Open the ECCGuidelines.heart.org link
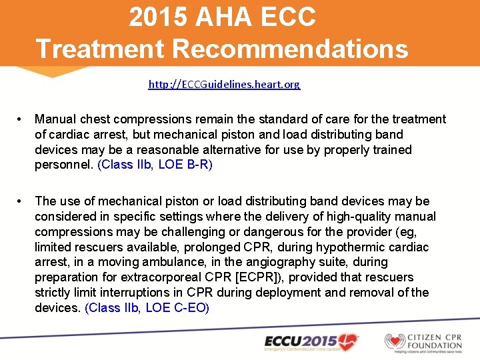224,85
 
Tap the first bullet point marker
22,119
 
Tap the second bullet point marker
22,201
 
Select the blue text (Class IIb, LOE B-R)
155,165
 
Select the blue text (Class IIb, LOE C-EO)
147,308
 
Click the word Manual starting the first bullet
55,119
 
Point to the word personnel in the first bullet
63,165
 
